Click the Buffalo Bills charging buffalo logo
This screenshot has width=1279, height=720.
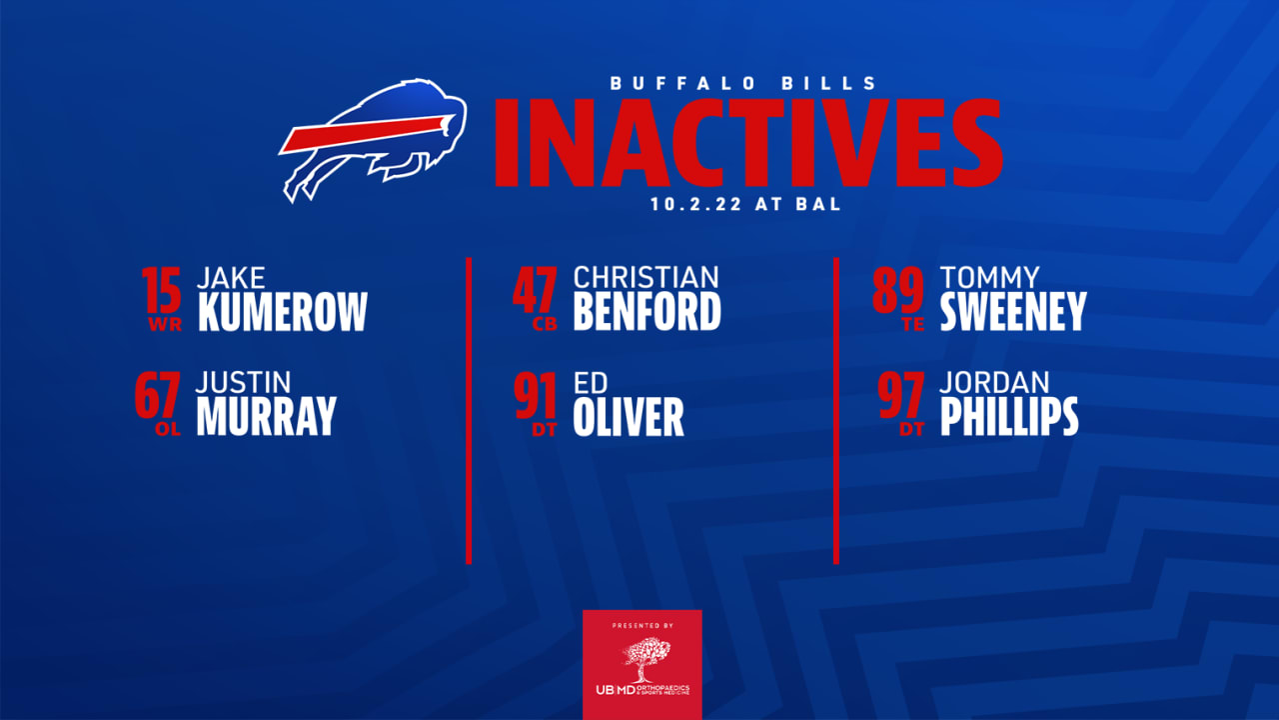pyautogui.click(x=372, y=138)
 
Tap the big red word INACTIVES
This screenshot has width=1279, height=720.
pyautogui.click(x=747, y=144)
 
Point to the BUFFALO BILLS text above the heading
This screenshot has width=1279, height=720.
pyautogui.click(x=744, y=84)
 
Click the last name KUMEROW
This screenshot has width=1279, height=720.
pyautogui.click(x=283, y=312)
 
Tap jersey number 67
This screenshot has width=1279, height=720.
pyautogui.click(x=157, y=396)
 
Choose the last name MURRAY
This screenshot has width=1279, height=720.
pyautogui.click(x=266, y=416)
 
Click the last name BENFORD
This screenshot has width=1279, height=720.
pyautogui.click(x=646, y=312)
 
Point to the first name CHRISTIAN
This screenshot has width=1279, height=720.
pyautogui.click(x=645, y=277)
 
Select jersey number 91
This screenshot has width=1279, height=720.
pyautogui.click(x=536, y=396)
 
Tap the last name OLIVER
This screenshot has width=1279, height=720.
pyautogui.click(x=629, y=416)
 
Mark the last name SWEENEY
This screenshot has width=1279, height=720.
pyautogui.click(x=1013, y=312)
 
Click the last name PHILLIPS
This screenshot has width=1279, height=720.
pyautogui.click(x=1009, y=416)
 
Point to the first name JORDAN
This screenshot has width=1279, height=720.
pyautogui.click(x=995, y=383)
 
